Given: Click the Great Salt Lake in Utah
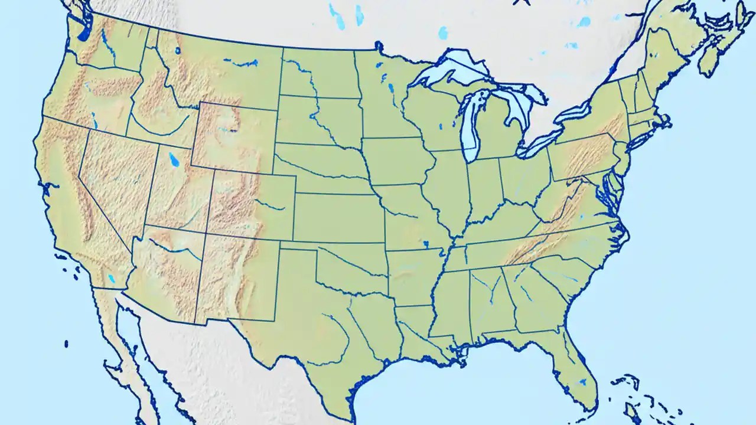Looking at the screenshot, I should pyautogui.click(x=173, y=159).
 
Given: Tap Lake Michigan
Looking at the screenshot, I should pyautogui.click(x=471, y=127).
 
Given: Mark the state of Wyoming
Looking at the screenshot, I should pyautogui.click(x=233, y=136).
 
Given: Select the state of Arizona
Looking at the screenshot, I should pyautogui.click(x=165, y=272).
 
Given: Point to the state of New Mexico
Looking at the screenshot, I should pyautogui.click(x=236, y=277).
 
